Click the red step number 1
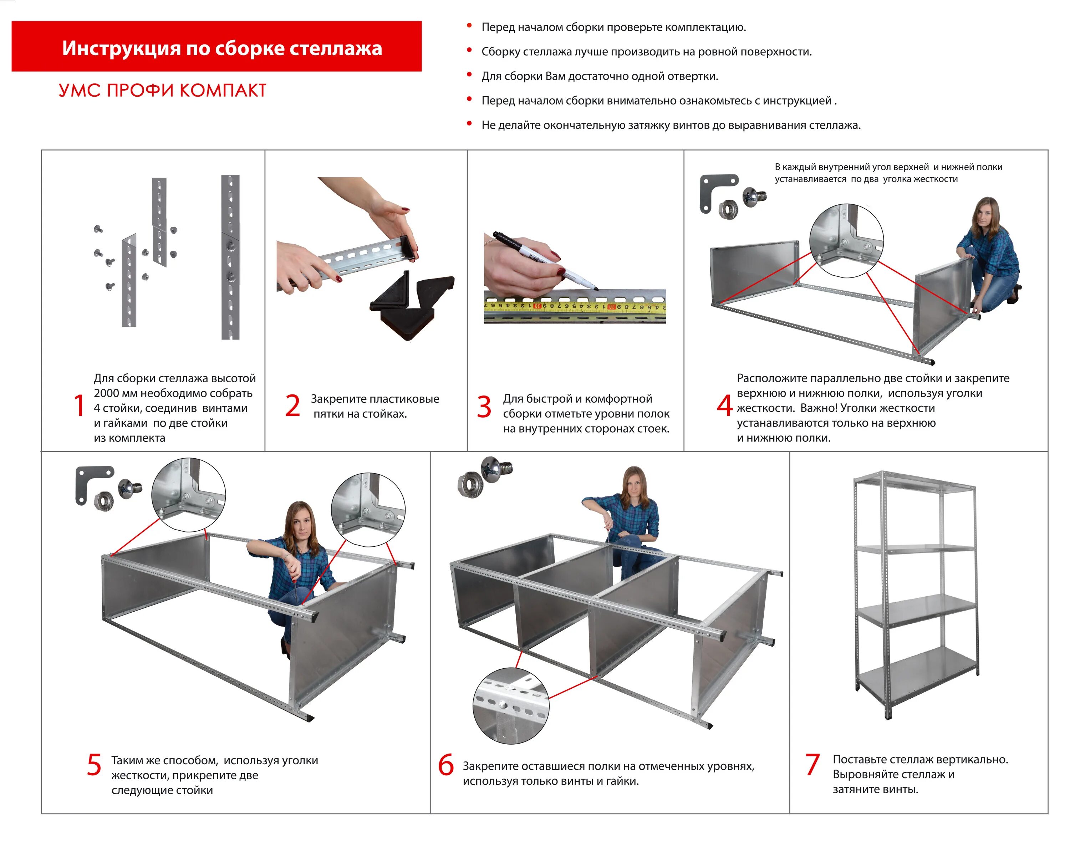79,406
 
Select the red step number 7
812,764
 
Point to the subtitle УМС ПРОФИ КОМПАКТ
162,91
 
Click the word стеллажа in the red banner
335,48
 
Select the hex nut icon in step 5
103,500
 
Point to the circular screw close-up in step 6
510,705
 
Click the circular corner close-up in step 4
846,241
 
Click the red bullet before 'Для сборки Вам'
469,75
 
